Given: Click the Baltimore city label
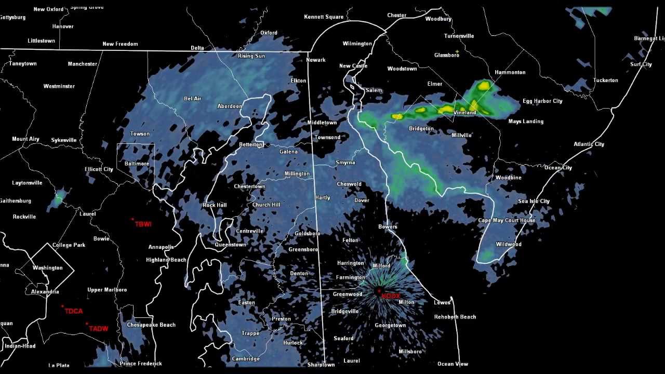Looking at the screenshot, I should [x=137, y=164].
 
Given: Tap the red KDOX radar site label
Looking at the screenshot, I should [x=391, y=296].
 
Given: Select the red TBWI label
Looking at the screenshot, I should [x=143, y=224].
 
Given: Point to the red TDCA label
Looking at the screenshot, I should [x=74, y=311].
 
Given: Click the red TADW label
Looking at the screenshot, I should [x=99, y=329].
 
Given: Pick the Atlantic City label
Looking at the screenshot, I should [x=589, y=144].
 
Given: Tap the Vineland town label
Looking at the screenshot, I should [x=464, y=113].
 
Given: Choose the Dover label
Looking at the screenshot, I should [x=362, y=201].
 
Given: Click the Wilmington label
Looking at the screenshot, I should [x=357, y=44].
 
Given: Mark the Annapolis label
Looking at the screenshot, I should [x=161, y=247].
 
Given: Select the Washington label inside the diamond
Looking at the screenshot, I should [x=47, y=268].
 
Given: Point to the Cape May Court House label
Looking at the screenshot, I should [x=507, y=221].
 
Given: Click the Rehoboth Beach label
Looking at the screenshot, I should [x=455, y=317].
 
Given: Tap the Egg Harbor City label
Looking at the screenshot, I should [x=542, y=101].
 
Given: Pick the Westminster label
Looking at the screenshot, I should [x=59, y=86].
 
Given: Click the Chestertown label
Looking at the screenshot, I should [x=249, y=186].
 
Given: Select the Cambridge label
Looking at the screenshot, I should [x=245, y=359].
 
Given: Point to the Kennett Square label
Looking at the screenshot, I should [x=324, y=17].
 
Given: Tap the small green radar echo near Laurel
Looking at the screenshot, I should [x=59, y=197].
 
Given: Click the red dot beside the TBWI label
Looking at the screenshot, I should [x=132, y=219].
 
